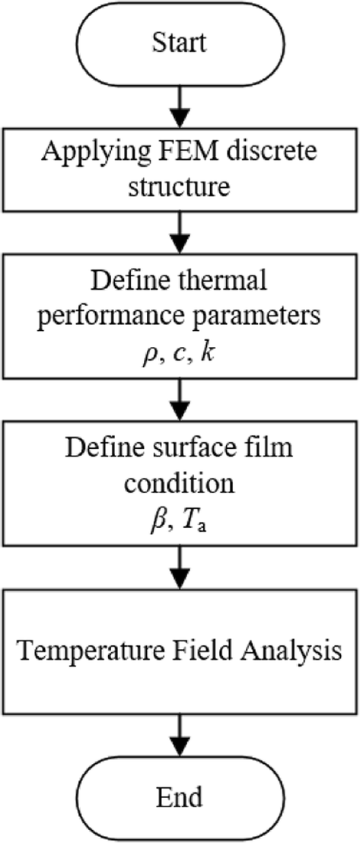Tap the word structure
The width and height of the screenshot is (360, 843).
[x=180, y=185]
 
